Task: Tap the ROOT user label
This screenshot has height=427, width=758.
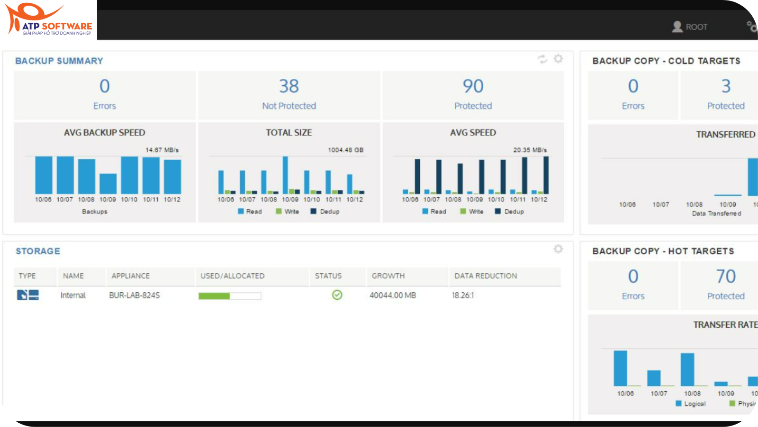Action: coord(696,27)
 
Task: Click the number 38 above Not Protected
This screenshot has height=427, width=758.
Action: coord(289,86)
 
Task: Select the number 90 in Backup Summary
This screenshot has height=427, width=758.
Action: coord(473,86)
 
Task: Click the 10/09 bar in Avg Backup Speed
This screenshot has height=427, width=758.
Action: coord(108,184)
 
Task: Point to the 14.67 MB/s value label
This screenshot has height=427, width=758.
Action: coord(162,150)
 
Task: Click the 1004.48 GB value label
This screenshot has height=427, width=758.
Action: coord(346,150)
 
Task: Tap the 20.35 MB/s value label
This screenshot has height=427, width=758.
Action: coord(530,150)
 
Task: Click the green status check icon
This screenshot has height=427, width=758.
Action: coord(337,295)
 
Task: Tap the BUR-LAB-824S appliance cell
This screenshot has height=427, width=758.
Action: coord(135,295)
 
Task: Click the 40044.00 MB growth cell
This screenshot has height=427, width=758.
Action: coord(393,295)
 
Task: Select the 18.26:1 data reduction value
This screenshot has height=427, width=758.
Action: coord(463,295)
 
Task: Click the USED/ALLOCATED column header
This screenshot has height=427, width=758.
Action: coord(233,276)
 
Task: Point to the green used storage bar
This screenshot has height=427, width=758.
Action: coord(214,296)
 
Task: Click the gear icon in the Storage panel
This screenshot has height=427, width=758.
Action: coord(558,249)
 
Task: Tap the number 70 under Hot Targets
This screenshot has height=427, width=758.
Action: coord(726,277)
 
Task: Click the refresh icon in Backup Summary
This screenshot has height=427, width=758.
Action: coord(542,59)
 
